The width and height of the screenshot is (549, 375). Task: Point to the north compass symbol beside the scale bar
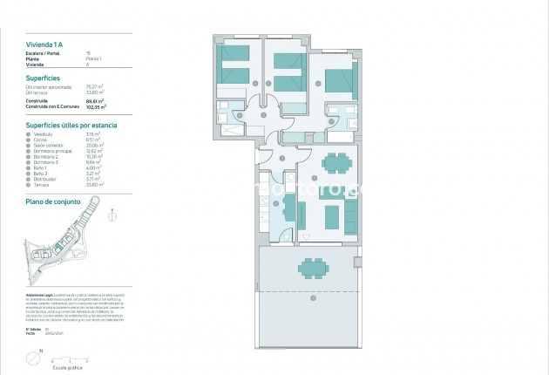click(x=33, y=356)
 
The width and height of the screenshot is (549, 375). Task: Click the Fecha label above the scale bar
click(x=30, y=333)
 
